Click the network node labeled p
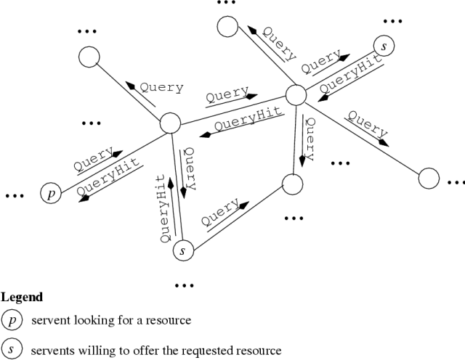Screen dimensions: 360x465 click(50, 194)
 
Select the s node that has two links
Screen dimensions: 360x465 click(183, 251)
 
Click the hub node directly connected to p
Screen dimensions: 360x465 click(170, 123)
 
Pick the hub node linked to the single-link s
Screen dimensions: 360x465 click(296, 94)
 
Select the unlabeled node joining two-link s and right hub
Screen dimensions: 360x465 click(291, 184)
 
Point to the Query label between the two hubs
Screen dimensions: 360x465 click(227, 95)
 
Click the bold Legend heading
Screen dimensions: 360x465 click(22, 298)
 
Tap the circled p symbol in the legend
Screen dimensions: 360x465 click(11, 319)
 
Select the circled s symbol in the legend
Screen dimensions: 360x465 click(11, 349)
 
